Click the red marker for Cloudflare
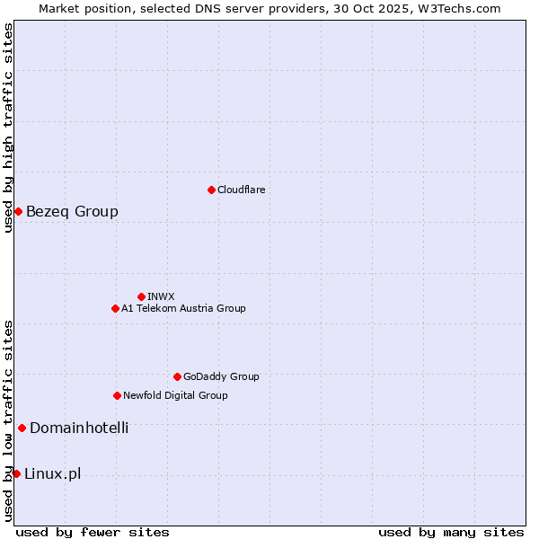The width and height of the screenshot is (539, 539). click(x=211, y=190)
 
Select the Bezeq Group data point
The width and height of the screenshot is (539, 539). click(x=18, y=211)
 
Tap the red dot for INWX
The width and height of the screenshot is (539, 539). click(x=141, y=296)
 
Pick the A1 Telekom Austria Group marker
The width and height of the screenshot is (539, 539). click(x=115, y=308)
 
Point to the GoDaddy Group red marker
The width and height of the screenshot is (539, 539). click(x=177, y=376)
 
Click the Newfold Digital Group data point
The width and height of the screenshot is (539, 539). click(x=117, y=395)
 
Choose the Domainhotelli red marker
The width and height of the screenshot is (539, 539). click(x=22, y=428)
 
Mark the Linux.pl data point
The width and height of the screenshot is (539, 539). click(x=16, y=473)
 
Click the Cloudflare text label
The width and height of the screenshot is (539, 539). click(x=241, y=190)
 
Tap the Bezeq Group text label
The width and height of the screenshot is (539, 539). click(x=72, y=212)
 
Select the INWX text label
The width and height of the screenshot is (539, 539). click(x=161, y=296)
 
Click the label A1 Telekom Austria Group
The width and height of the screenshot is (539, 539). click(x=183, y=308)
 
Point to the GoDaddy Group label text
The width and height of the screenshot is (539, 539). click(x=221, y=376)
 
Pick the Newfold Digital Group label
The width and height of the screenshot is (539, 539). click(x=175, y=395)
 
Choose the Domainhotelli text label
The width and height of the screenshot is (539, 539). click(x=79, y=428)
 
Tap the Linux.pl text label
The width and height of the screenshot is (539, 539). click(x=52, y=474)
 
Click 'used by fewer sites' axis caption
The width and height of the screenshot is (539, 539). click(x=93, y=532)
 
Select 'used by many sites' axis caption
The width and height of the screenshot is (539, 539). click(x=451, y=532)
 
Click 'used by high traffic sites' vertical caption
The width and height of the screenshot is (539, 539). click(x=8, y=128)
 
